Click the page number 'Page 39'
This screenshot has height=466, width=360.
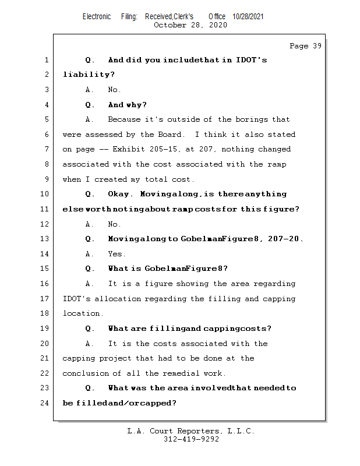pos(305,46)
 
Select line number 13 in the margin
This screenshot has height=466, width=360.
pos(45,239)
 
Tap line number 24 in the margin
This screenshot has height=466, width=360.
pos(45,403)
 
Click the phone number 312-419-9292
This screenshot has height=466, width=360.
pos(191,440)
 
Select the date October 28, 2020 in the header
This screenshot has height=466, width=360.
pos(190,25)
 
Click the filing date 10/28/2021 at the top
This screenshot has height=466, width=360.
pos(248,16)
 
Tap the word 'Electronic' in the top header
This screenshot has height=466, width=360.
pos(97,16)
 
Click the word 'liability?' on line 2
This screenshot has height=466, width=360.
pos(89,75)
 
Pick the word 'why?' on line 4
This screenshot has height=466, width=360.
pos(136,105)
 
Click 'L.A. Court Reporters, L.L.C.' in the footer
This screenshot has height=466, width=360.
pos(191,431)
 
